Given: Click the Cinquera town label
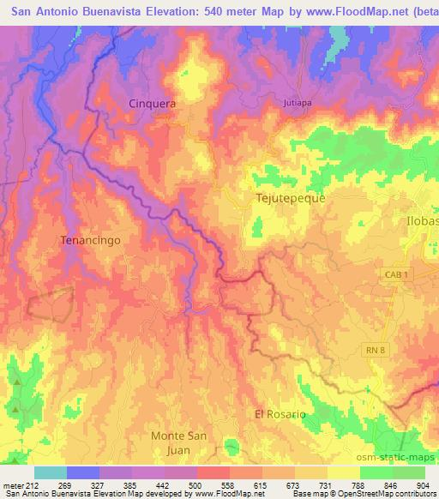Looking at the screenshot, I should coord(152,103).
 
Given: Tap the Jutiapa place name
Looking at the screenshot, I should coord(296,103).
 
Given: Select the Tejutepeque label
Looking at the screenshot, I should coord(291,197).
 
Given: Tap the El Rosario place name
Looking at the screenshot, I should coord(280,414).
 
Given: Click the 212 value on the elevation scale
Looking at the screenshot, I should coord(33,485).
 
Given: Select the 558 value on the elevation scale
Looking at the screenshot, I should coord(227,485).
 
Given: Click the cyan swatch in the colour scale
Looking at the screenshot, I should coord(51,472).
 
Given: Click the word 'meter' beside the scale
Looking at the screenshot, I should coord(12,485).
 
